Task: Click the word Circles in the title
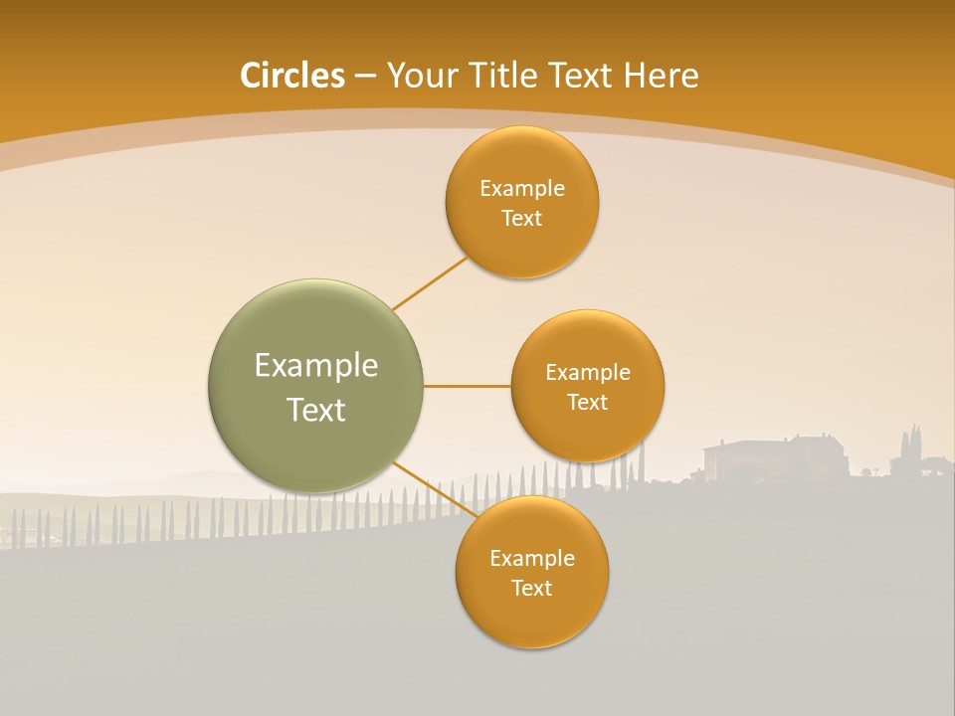click(x=291, y=76)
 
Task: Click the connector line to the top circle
click(x=430, y=281)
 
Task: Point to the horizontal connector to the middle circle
click(x=468, y=386)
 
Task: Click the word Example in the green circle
click(x=315, y=366)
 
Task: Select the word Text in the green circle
click(x=315, y=410)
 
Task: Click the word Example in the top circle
click(x=521, y=189)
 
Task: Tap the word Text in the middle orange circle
click(x=587, y=403)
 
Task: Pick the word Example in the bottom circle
click(x=531, y=559)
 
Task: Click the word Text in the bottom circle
click(x=531, y=589)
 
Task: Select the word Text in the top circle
click(x=521, y=219)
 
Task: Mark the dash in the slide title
click(x=365, y=76)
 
